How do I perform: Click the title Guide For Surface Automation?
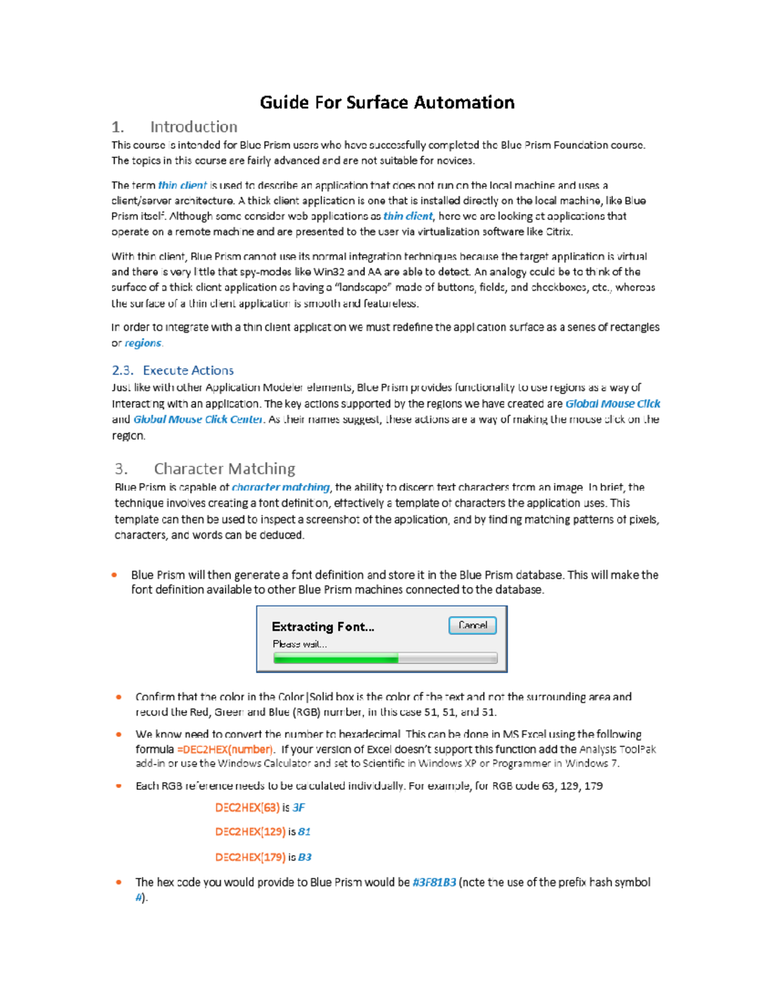(x=387, y=102)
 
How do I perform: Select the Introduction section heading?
(x=193, y=127)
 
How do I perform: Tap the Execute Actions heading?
(x=188, y=370)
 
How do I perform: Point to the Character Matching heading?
(x=224, y=468)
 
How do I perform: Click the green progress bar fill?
(x=335, y=658)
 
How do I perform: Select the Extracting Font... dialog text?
(x=322, y=626)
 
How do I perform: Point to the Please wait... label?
(x=300, y=644)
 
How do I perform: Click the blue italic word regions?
(x=143, y=343)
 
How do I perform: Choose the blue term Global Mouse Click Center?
(x=198, y=419)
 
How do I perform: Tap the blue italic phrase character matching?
(x=280, y=488)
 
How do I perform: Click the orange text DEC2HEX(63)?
(x=247, y=807)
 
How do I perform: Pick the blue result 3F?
(x=298, y=807)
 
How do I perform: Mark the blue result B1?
(x=304, y=832)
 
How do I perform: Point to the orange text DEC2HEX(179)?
(x=250, y=857)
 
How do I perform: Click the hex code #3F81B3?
(x=434, y=882)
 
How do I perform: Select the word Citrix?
(x=559, y=232)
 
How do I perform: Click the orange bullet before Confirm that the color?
(x=119, y=697)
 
